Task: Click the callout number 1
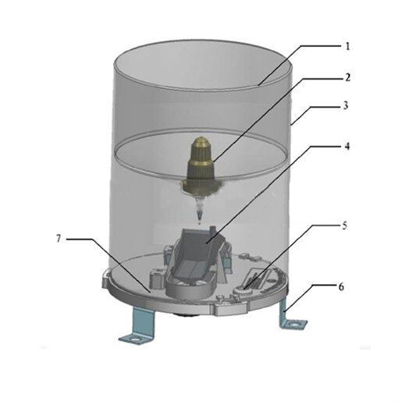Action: click(347, 47)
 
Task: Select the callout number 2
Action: click(347, 77)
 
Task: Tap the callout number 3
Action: click(346, 105)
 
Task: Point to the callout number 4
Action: click(347, 146)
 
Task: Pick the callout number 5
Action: click(344, 225)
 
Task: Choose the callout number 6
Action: click(341, 286)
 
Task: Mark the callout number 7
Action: click(59, 239)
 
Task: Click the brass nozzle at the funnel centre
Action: click(201, 165)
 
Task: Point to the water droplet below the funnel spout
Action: click(201, 224)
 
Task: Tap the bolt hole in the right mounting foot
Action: click(297, 325)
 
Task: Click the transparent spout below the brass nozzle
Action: click(201, 208)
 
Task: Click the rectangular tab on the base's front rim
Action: click(231, 309)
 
